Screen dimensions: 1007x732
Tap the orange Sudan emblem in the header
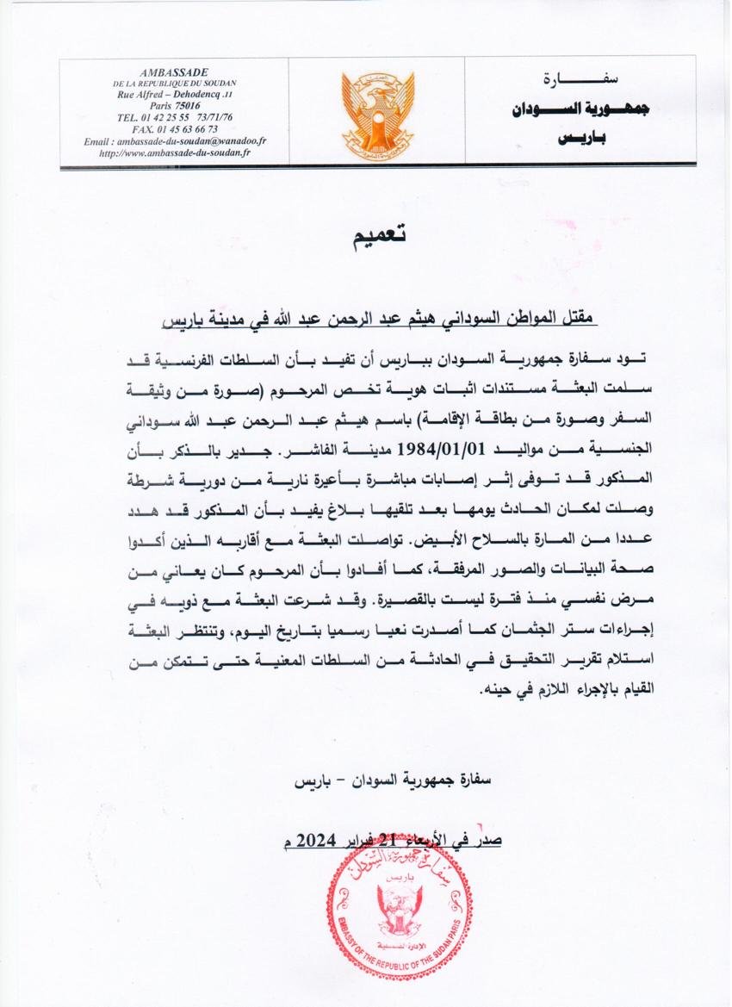(377, 110)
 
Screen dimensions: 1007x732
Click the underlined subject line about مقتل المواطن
(379, 320)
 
